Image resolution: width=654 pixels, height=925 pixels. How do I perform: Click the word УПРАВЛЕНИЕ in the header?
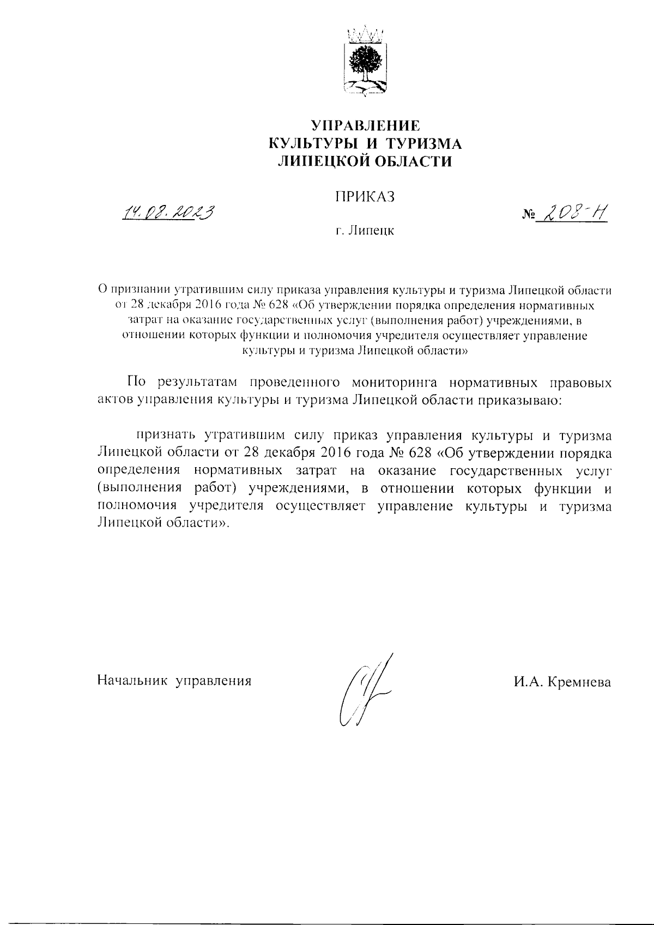365,126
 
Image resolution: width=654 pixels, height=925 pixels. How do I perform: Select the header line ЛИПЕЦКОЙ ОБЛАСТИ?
365,161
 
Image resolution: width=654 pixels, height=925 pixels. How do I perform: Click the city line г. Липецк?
365,231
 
